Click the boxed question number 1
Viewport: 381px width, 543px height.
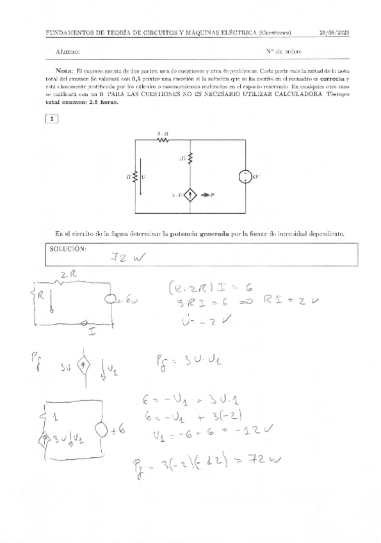tap(52, 118)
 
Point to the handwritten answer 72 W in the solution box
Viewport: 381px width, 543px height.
tap(128, 257)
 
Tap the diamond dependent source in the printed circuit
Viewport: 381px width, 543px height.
tap(191, 195)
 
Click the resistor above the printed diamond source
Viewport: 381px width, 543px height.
tap(191, 158)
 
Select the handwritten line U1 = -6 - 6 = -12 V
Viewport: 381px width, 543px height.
tap(204, 436)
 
